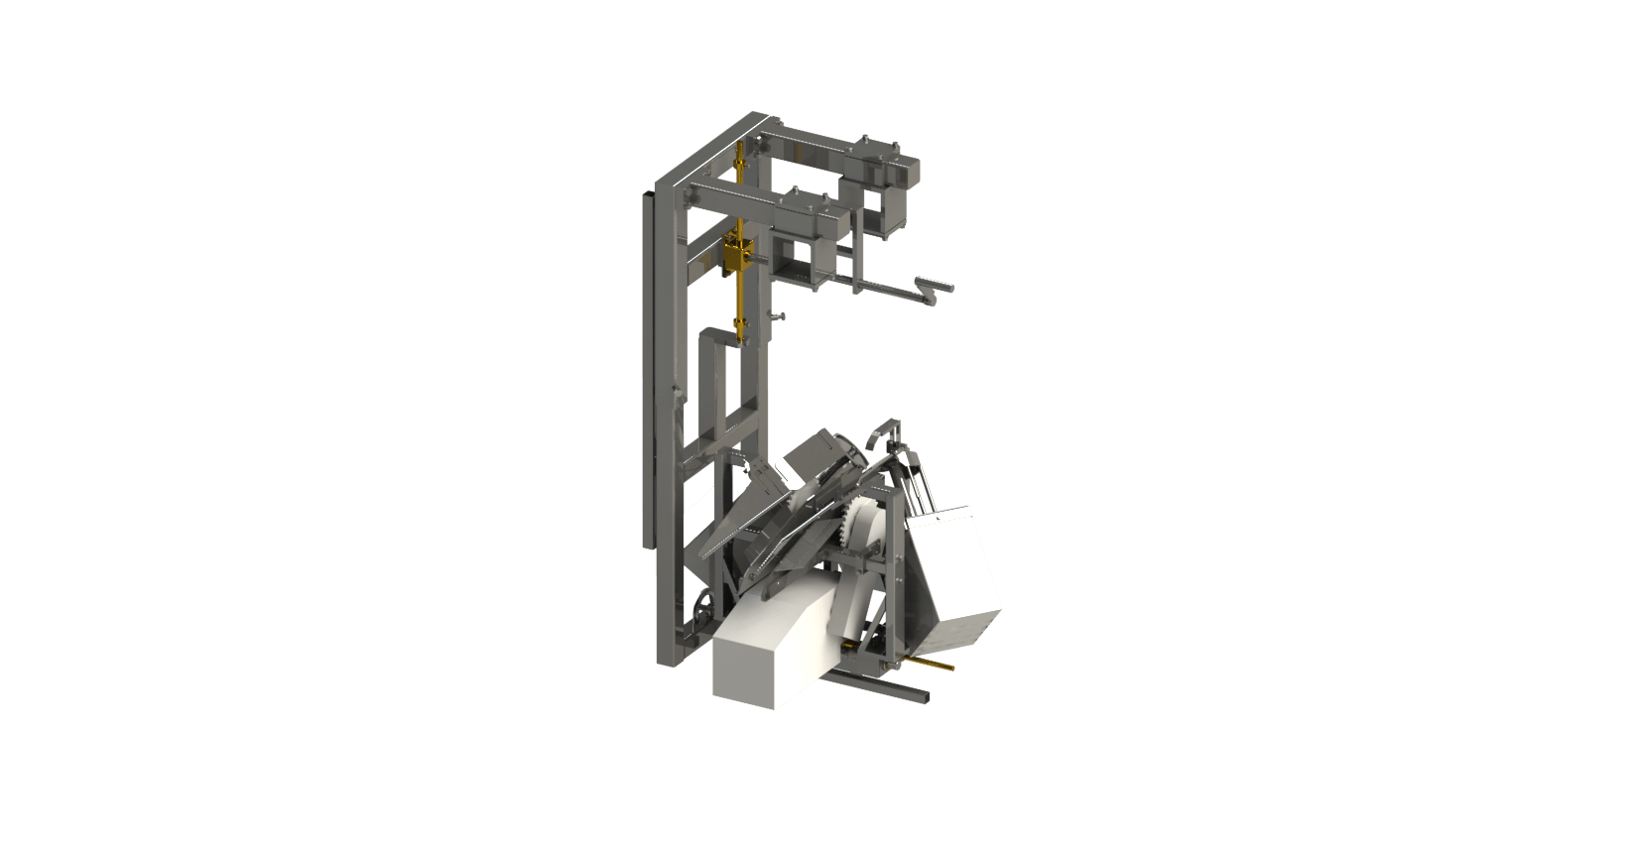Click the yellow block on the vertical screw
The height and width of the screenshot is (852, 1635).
click(737, 257)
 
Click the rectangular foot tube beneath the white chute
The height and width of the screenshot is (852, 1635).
click(883, 687)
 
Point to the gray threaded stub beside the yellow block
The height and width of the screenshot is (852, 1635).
click(765, 265)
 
